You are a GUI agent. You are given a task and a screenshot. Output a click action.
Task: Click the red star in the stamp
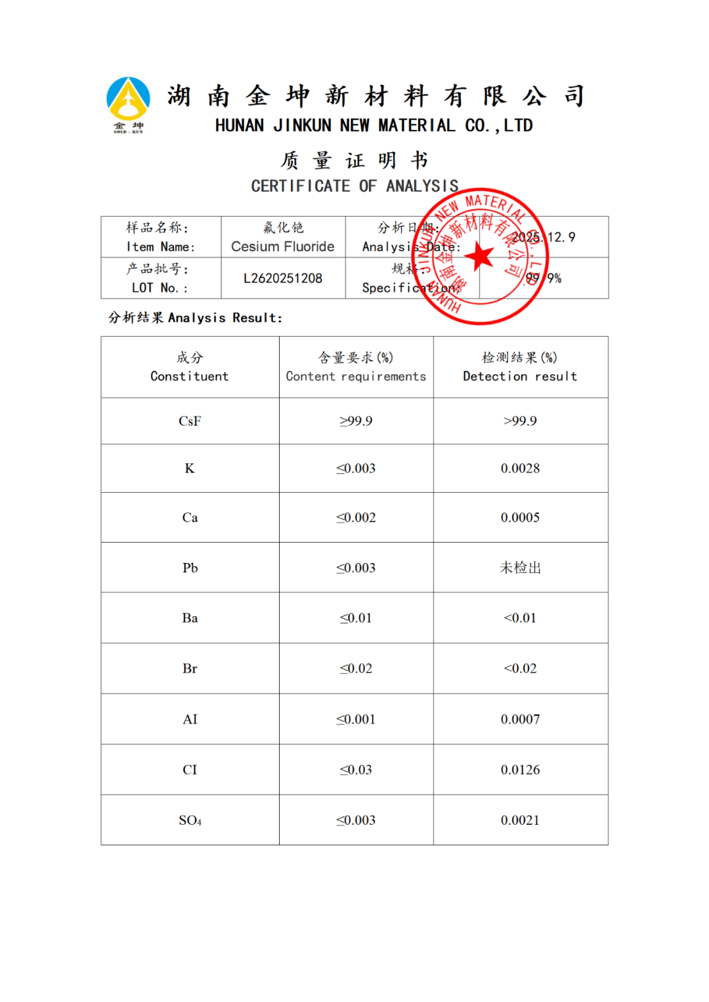[x=481, y=257]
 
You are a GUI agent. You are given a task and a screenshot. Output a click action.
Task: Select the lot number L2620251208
[x=283, y=278]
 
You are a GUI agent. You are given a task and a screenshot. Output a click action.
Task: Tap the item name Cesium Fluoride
[x=283, y=247]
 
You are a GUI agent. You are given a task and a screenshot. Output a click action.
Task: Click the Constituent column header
[x=190, y=376]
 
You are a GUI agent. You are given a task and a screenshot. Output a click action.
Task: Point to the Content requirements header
[x=356, y=376]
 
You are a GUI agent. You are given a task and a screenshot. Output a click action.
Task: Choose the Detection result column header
[x=520, y=376]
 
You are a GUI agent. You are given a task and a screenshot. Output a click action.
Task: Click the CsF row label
[x=190, y=421]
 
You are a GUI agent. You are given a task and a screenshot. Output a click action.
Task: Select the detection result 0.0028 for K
[x=520, y=469]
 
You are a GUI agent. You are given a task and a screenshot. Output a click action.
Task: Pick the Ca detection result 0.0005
[x=520, y=518]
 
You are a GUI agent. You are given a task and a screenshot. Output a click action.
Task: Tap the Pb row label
[x=190, y=568]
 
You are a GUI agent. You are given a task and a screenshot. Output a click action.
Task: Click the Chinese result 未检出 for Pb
[x=520, y=568]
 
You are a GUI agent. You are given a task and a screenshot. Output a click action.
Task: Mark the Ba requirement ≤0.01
[x=356, y=618]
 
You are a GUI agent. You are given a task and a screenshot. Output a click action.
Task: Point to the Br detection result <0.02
[x=520, y=669]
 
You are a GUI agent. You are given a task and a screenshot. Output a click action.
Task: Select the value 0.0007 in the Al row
[x=520, y=720]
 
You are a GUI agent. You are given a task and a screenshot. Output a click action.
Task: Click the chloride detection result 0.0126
[x=520, y=770]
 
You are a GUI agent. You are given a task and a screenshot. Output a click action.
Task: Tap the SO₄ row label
[x=190, y=821]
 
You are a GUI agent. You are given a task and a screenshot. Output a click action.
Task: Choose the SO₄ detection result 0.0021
[x=520, y=820]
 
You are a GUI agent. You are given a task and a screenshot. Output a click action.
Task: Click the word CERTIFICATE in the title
[x=301, y=186]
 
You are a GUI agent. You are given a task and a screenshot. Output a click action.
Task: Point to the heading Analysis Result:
[x=225, y=318]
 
